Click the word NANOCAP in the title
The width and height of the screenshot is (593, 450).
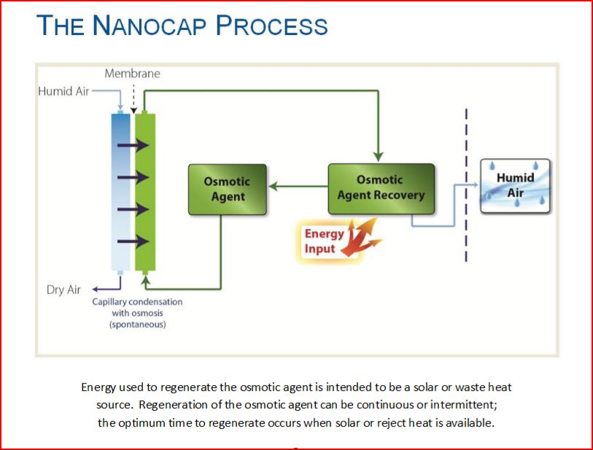[150, 26]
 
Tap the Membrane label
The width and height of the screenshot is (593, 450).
[132, 74]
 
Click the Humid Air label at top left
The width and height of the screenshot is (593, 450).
[63, 91]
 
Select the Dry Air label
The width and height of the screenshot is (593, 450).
[63, 290]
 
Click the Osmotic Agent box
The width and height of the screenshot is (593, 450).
[228, 190]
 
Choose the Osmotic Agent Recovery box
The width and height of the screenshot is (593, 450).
[381, 189]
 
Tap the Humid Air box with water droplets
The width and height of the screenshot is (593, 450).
[515, 186]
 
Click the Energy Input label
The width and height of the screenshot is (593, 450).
[324, 241]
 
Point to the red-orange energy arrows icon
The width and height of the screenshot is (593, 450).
[361, 238]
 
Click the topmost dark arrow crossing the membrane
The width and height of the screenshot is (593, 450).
[133, 145]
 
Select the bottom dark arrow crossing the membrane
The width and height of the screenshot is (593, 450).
[133, 241]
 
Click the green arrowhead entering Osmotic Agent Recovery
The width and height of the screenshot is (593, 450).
[378, 157]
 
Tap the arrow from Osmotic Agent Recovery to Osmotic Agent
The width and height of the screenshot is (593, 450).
[298, 186]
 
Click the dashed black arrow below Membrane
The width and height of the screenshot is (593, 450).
[133, 99]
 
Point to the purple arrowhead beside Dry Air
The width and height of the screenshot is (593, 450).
[96, 290]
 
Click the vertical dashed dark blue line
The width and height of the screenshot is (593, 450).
[466, 185]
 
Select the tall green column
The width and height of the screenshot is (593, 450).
[145, 192]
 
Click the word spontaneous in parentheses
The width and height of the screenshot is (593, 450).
[138, 325]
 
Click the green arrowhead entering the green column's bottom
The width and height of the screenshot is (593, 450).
[146, 280]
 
